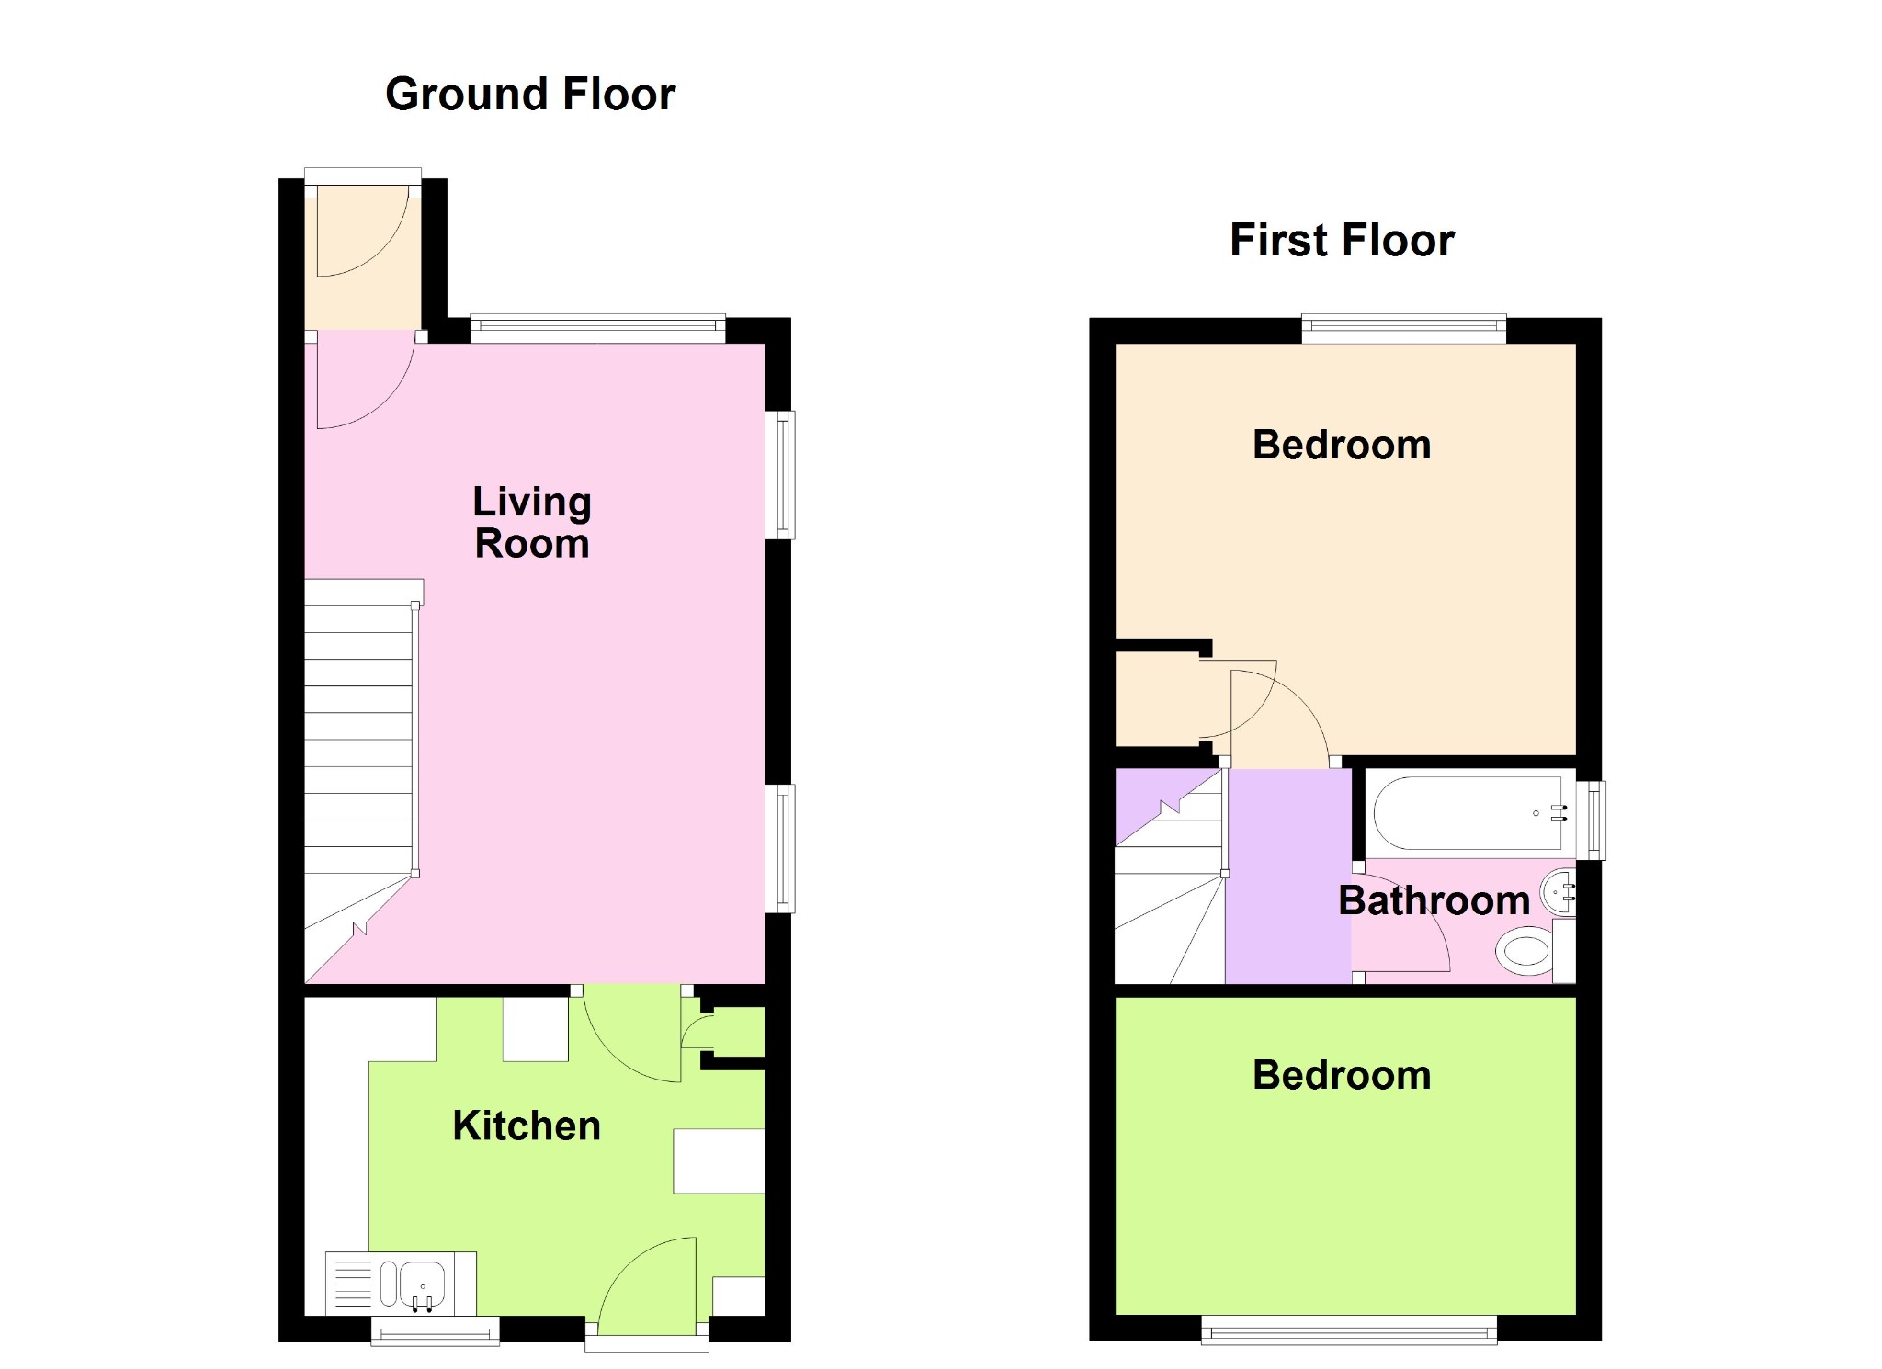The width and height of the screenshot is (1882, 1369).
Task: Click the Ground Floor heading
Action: [x=530, y=95]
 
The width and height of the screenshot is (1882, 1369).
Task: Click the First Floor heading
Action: [x=1342, y=241]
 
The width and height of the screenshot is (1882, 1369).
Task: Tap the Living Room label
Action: [x=532, y=522]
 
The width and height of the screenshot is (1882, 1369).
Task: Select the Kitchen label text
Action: [x=527, y=1126]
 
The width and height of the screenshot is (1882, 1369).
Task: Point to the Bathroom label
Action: [x=1434, y=900]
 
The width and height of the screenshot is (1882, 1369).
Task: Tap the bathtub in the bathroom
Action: [x=1468, y=813]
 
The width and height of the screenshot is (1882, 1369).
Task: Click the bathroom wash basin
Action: [x=1559, y=889]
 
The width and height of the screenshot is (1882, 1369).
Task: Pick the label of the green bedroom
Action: [x=1342, y=1076]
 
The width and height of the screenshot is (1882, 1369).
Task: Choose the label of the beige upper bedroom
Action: [x=1342, y=446]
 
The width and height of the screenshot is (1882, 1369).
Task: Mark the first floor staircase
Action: [x=1171, y=876]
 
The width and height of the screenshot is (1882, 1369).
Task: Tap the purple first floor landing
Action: [x=1288, y=876]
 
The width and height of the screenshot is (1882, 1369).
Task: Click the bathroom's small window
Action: [x=1592, y=820]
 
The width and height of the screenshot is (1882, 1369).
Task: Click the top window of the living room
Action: [x=598, y=329]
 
